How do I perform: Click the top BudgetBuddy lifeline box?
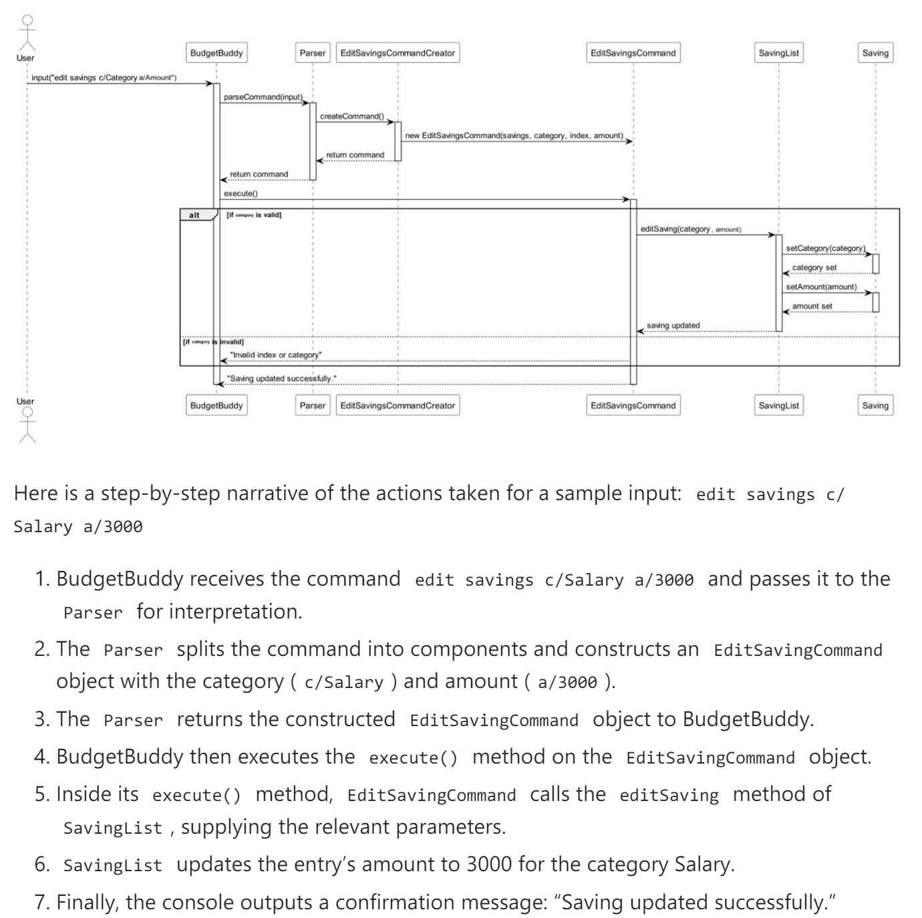216,53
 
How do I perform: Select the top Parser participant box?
312,53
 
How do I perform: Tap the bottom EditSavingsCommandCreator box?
398,405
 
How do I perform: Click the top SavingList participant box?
778,53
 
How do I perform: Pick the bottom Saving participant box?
875,405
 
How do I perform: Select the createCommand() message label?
351,116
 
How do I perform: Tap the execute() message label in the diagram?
241,193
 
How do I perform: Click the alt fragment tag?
194,215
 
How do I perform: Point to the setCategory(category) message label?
825,248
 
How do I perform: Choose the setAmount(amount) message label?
821,287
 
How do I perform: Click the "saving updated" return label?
673,326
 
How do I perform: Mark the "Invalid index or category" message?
275,354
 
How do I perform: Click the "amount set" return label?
812,306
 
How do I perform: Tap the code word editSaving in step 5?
669,795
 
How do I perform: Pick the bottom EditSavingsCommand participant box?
633,405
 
